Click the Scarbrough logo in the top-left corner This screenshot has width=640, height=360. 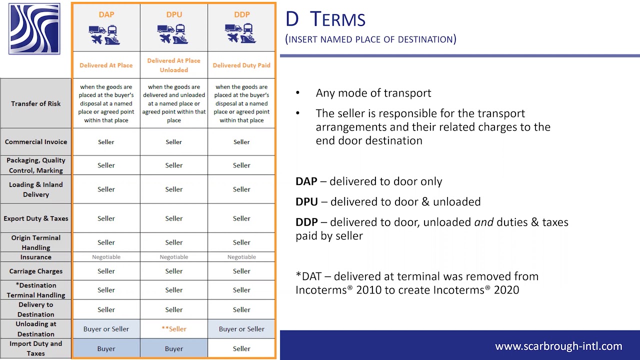(x=34, y=28)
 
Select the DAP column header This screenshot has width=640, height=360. (x=106, y=14)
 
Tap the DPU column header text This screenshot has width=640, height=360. (x=174, y=14)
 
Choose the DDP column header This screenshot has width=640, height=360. (x=242, y=14)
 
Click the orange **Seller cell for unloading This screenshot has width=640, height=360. (x=174, y=329)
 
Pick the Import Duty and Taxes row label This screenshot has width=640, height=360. (x=36, y=348)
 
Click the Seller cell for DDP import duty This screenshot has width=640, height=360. (x=241, y=348)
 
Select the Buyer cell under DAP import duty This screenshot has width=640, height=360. (x=106, y=348)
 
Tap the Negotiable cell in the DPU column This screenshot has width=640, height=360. (x=174, y=257)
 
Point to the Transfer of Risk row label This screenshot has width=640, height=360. (x=36, y=103)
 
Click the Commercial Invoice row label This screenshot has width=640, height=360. (x=36, y=142)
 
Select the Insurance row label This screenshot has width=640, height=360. (x=36, y=257)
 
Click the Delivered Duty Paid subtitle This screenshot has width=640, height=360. (x=241, y=65)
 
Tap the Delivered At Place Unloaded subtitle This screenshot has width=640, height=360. (x=174, y=65)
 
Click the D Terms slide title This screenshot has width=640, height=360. (x=325, y=19)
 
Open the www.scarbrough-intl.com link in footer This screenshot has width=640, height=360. (x=558, y=346)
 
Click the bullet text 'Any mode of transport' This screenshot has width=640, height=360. (x=373, y=93)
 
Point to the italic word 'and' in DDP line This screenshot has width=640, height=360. (x=483, y=222)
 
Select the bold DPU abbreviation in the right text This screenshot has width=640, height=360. (x=306, y=201)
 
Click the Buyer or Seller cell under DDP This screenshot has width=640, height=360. (x=241, y=329)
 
